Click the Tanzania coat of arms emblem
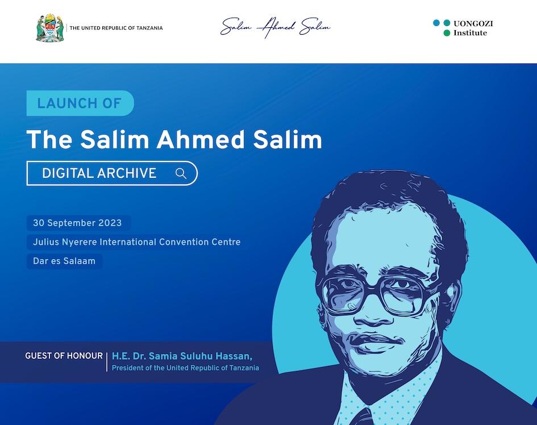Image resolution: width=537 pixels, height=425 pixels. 50,28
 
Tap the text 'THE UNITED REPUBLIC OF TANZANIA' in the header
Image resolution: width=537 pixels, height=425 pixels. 116,28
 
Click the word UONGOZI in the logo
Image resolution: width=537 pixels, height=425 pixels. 473,23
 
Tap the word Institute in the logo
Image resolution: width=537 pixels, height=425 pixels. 470,33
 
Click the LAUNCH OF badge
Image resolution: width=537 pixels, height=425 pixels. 80,103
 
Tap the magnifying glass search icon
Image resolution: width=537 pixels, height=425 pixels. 181,173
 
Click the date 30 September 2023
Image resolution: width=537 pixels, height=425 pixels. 77,223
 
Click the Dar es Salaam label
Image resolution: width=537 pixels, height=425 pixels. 64,261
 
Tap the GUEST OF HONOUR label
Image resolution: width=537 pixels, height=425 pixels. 64,356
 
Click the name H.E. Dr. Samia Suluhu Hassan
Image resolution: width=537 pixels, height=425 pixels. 182,356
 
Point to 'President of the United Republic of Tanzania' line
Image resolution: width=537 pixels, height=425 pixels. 185,368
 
